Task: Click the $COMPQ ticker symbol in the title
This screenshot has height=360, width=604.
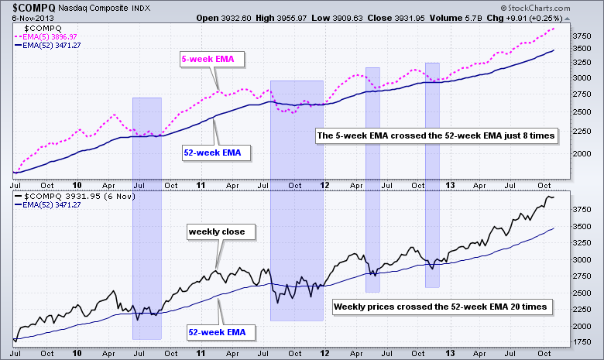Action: tap(30, 8)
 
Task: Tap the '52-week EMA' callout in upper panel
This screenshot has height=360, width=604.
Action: tap(212, 153)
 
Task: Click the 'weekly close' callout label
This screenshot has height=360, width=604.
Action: tap(211, 231)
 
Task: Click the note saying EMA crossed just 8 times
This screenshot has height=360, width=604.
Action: tap(437, 135)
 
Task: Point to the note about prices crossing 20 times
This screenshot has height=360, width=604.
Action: tap(441, 307)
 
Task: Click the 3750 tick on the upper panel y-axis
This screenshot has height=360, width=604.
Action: tap(581, 36)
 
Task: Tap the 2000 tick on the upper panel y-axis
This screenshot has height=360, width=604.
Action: tap(581, 153)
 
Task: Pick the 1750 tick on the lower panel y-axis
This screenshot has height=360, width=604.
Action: tap(581, 340)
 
